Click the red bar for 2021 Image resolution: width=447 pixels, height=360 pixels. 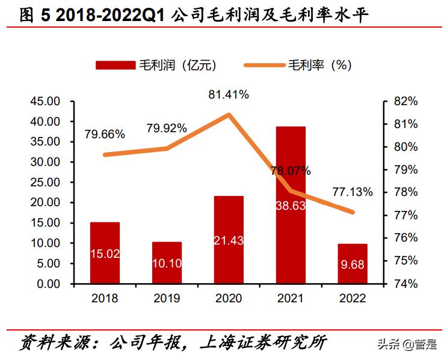pos(291,205)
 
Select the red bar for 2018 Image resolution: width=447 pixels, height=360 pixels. pos(105,252)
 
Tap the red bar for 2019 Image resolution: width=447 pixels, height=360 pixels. pos(167,263)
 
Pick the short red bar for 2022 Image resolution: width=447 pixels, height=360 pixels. pos(353,264)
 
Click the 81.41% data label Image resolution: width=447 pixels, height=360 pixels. pos(229,94)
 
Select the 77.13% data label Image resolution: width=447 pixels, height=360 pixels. pos(353,192)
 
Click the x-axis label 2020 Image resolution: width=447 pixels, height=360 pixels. pos(229,298)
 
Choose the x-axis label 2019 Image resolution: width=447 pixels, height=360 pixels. pos(167,298)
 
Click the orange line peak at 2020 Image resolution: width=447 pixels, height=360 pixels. pos(229,114)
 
